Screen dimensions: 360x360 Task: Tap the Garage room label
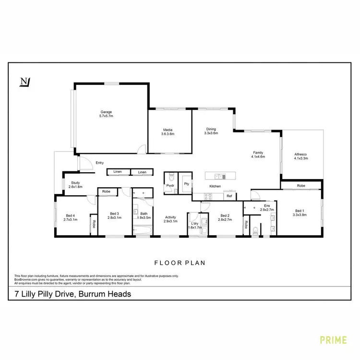click(x=106, y=114)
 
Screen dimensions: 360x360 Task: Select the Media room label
click(x=168, y=132)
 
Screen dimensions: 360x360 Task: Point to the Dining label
click(x=211, y=131)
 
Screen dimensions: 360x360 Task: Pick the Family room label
click(x=258, y=155)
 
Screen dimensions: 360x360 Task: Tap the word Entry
click(x=100, y=163)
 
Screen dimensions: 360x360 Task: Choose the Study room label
click(x=75, y=184)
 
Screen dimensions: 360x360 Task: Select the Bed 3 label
click(x=114, y=216)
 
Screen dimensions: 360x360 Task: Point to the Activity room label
click(x=170, y=219)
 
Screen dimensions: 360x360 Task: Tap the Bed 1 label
click(x=300, y=213)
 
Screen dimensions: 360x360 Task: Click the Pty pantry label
click(x=186, y=184)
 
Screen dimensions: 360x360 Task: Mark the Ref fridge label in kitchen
click(x=229, y=196)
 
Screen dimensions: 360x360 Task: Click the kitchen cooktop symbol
click(x=208, y=196)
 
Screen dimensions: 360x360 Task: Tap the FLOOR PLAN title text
click(x=180, y=263)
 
